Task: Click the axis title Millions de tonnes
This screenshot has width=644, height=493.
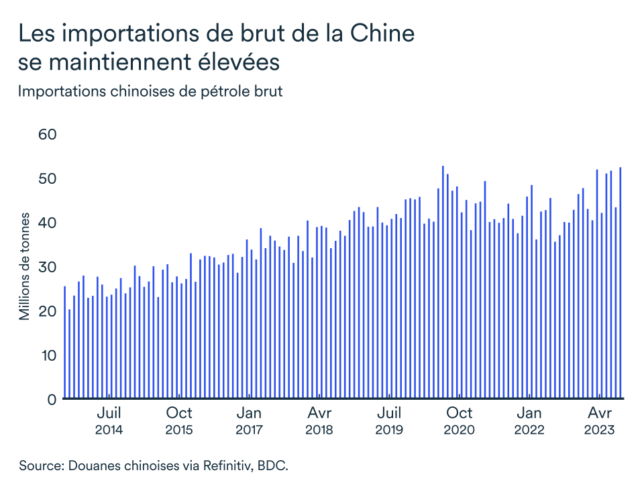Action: point(24,267)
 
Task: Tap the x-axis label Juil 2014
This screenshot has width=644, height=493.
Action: point(109,421)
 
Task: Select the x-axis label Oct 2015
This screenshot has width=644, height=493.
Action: point(179,421)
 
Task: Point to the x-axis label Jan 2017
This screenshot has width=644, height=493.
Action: point(249,421)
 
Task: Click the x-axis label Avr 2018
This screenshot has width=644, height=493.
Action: point(319,421)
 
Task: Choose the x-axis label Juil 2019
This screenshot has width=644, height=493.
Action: point(389,421)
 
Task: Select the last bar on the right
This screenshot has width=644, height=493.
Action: point(621,282)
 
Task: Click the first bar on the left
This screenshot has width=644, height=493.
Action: point(64,342)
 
